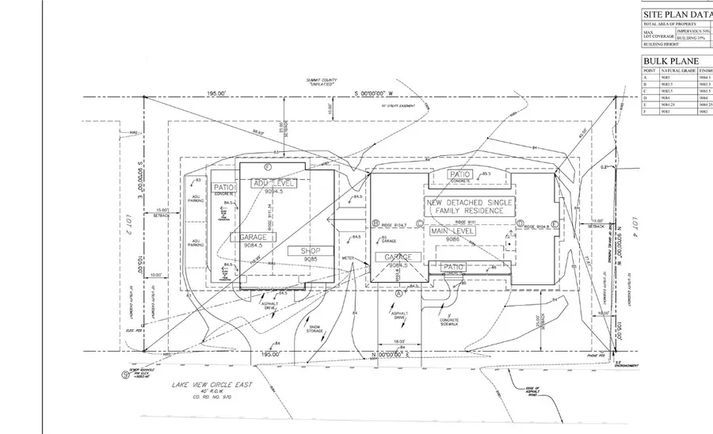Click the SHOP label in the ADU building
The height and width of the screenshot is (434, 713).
tap(310, 251)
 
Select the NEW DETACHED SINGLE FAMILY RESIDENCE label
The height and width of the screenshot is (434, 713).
tap(470, 207)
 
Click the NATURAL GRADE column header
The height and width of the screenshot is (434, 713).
tap(677, 70)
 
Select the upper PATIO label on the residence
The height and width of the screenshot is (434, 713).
tap(460, 174)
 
